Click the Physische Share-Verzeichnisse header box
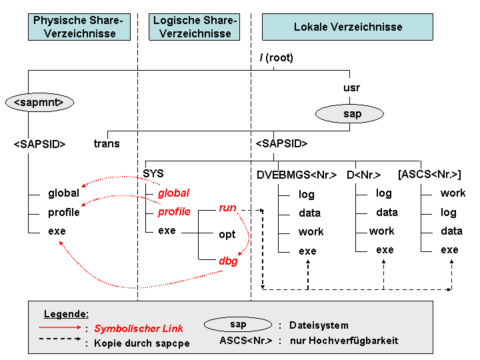[78, 27]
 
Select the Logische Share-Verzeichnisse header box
[195, 27]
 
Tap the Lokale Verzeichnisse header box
[347, 27]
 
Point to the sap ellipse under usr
[352, 114]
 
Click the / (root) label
[276, 58]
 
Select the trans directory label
[107, 143]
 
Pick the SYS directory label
[153, 173]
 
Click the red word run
[227, 207]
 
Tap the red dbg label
[228, 261]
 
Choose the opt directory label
[227, 235]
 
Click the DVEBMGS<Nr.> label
[296, 175]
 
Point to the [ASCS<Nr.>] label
[429, 175]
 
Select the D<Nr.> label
[363, 175]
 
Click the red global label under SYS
[173, 193]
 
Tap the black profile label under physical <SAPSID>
[63, 212]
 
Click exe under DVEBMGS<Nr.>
[307, 251]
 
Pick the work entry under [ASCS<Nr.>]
[453, 193]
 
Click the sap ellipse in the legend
[238, 325]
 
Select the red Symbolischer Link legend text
[138, 329]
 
